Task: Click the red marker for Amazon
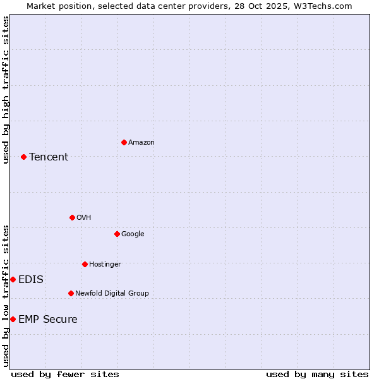tap(124, 142)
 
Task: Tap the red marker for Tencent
tap(23, 157)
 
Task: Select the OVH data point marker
tap(72, 217)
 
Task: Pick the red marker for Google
tap(117, 234)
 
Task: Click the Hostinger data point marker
tap(85, 264)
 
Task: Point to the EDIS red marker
tap(13, 279)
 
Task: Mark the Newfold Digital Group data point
tap(71, 293)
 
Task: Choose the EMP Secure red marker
tap(13, 319)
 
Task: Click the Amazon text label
tap(141, 143)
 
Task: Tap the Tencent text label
tap(49, 157)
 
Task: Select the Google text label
tap(133, 234)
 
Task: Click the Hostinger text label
tap(105, 264)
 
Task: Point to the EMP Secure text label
tap(48, 320)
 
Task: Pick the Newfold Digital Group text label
tap(112, 294)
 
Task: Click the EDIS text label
tap(31, 280)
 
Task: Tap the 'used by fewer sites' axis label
tap(65, 375)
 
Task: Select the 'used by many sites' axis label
tap(317, 375)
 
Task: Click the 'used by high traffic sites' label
tap(6, 90)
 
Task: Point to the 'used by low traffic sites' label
tap(6, 296)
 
